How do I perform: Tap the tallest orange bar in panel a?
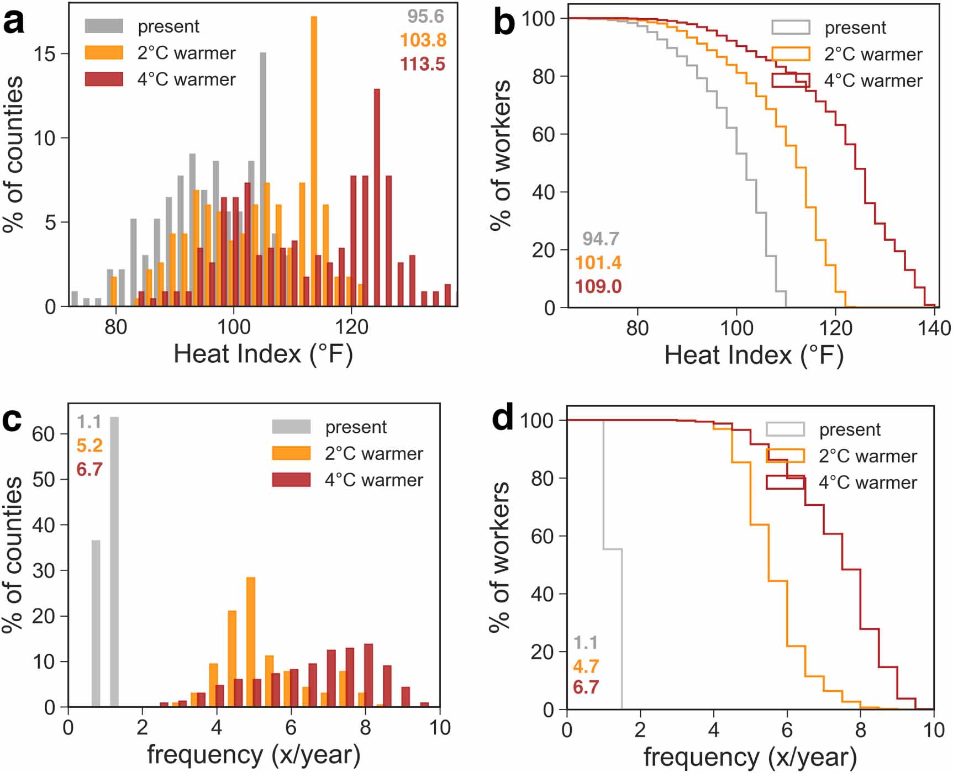314,160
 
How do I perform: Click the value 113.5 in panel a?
423,64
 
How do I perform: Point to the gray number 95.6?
425,17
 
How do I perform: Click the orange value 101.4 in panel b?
598,263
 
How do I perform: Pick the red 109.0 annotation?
598,287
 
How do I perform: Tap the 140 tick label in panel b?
934,329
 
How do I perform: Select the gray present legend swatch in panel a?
104,26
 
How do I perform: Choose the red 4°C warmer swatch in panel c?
291,479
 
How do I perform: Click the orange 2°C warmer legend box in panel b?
791,54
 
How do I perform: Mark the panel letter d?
503,418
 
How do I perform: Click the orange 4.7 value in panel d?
586,666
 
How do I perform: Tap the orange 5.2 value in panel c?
89,446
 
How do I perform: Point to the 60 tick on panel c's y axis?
43,434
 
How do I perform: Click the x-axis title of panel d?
750,757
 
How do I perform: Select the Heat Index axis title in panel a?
263,354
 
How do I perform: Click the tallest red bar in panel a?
377,197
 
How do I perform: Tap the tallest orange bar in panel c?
251,642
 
